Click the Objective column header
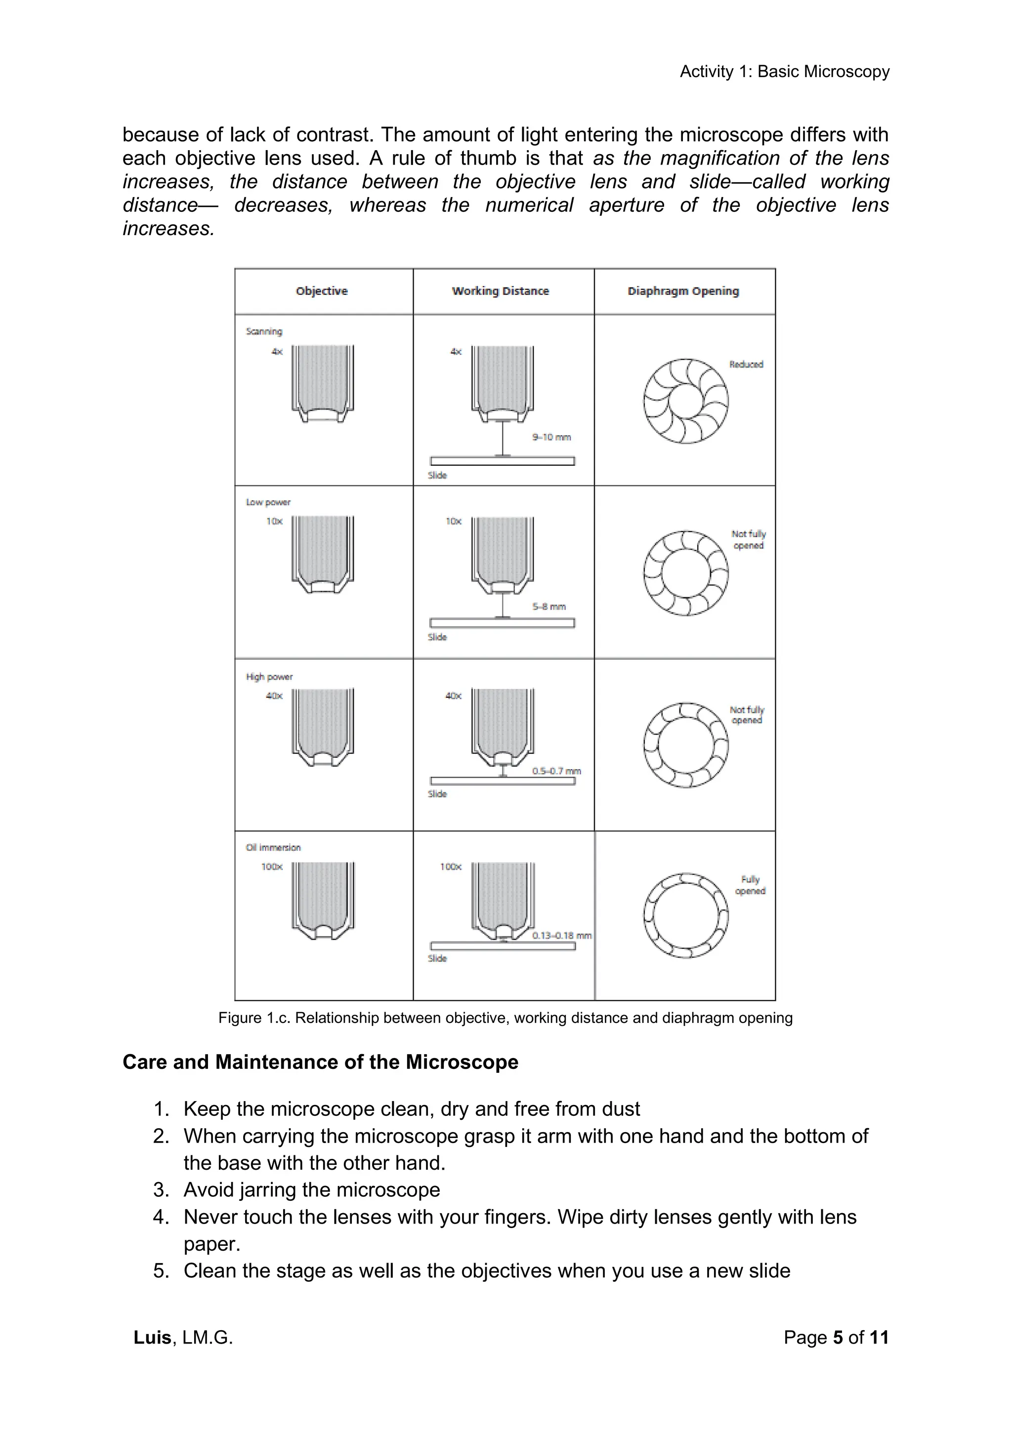[x=322, y=291]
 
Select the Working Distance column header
[x=501, y=291]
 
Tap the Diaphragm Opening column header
[x=683, y=291]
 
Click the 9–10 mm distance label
[x=551, y=437]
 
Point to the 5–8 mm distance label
[x=548, y=606]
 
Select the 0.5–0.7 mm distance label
[x=556, y=771]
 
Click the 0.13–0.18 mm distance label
[x=561, y=936]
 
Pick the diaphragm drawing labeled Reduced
[x=685, y=401]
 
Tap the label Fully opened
[x=750, y=885]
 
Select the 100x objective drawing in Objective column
[x=323, y=900]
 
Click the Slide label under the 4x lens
[x=437, y=475]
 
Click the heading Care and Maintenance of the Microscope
[x=320, y=1062]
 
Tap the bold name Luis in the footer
[x=152, y=1337]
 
